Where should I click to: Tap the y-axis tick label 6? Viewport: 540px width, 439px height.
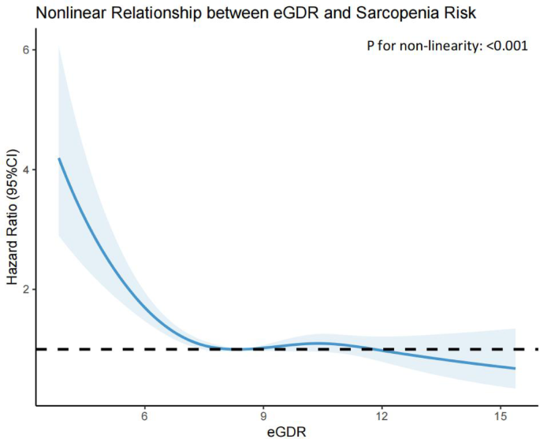(25, 50)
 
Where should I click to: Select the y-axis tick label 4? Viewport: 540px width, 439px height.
(25, 169)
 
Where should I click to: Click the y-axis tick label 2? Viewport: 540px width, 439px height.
(25, 289)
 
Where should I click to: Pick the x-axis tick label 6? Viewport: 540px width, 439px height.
(144, 415)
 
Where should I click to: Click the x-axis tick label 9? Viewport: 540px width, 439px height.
(263, 415)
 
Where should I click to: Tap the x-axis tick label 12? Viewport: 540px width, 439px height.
(382, 415)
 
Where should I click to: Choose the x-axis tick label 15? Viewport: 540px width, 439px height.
(501, 415)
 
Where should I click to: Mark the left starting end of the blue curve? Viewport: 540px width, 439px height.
(58, 158)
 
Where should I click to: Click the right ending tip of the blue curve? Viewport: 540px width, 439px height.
(515, 368)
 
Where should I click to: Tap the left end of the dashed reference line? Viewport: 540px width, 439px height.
(39, 348)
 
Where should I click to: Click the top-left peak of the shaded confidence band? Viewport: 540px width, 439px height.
(58, 47)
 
